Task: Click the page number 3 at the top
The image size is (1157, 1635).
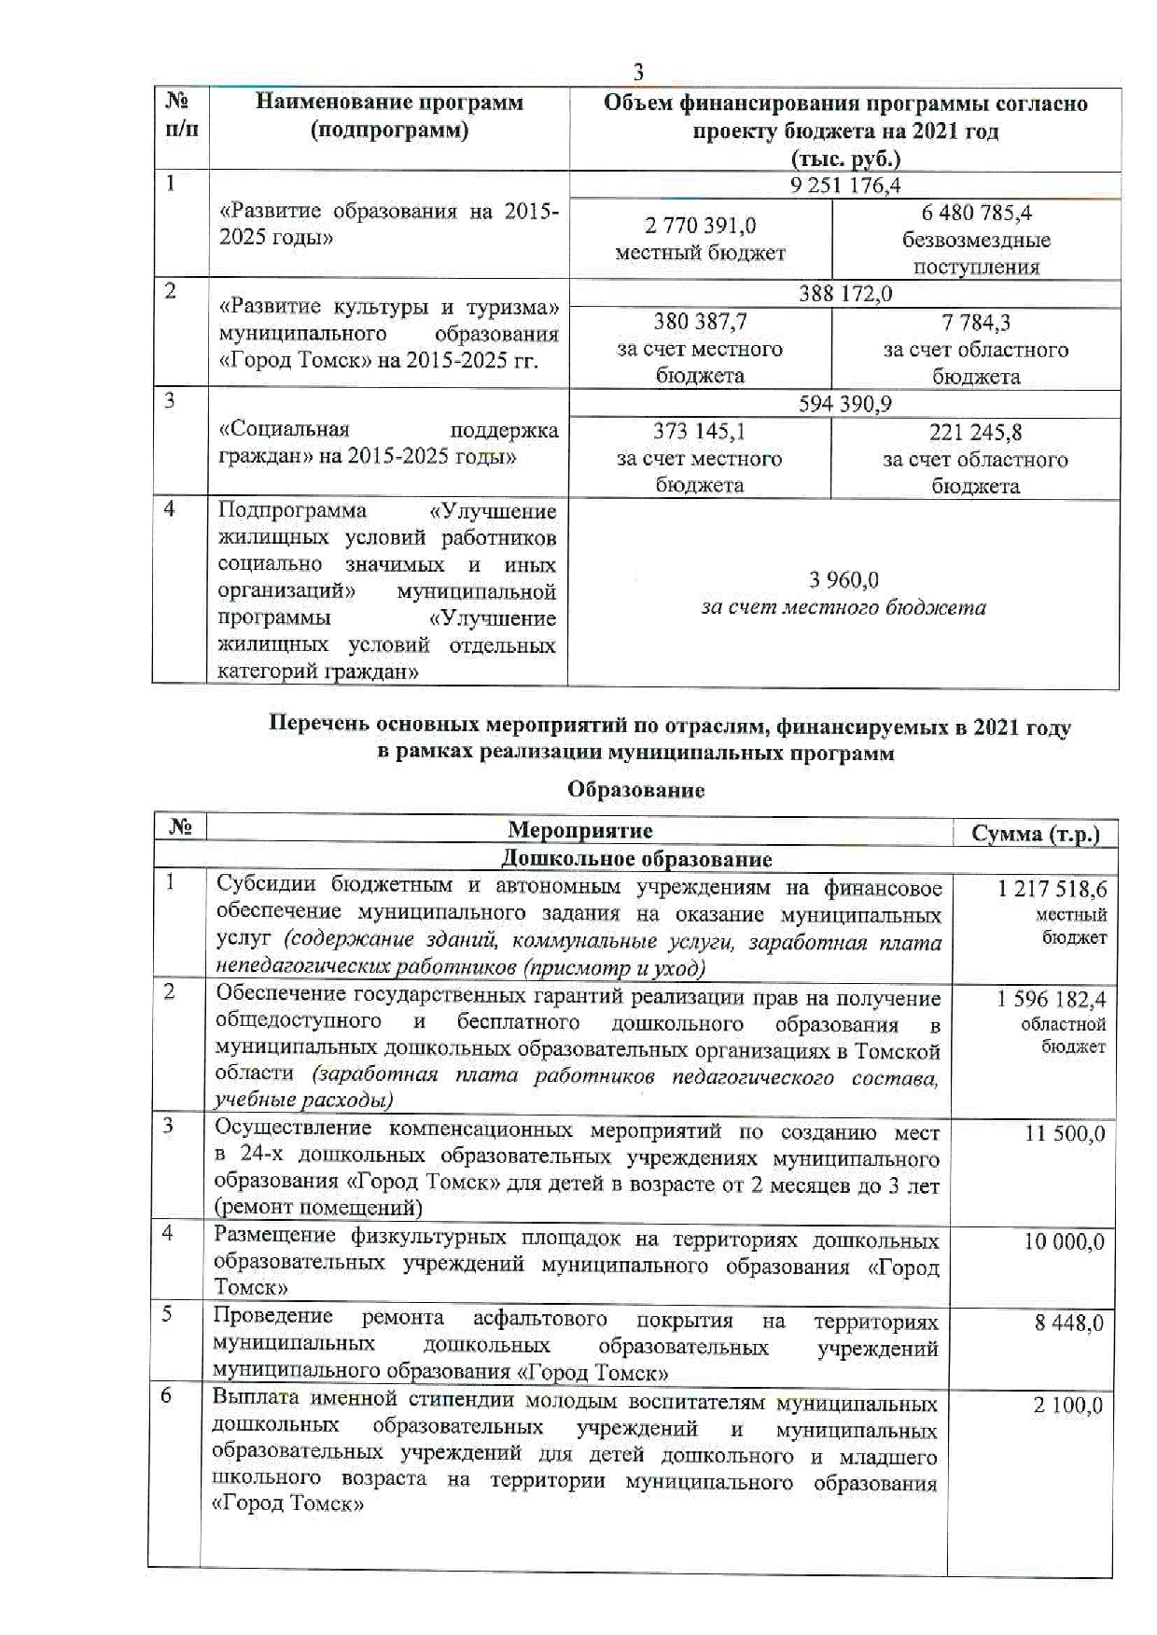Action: (638, 72)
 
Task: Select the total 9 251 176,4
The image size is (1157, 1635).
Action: (844, 185)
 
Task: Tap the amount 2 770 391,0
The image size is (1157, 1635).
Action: (700, 226)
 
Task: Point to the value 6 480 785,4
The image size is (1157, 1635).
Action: (976, 214)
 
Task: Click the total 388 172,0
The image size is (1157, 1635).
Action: (844, 294)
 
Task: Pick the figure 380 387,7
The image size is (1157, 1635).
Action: (700, 322)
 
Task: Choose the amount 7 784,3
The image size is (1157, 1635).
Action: (976, 323)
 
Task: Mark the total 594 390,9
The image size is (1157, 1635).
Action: (844, 404)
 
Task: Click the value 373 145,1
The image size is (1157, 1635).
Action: (700, 431)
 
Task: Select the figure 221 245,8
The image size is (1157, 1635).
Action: (976, 432)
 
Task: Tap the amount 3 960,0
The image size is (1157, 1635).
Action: (843, 580)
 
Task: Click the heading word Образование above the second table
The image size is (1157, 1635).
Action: (635, 790)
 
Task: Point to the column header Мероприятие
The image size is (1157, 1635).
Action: (579, 830)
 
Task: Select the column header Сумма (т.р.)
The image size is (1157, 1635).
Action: (1035, 833)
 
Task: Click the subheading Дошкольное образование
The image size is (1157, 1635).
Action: (636, 858)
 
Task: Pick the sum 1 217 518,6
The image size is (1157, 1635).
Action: (1052, 889)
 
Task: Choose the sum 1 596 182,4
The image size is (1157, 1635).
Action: (1052, 999)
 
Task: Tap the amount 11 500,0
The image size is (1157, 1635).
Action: (1065, 1133)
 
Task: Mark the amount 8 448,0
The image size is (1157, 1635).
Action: (1068, 1323)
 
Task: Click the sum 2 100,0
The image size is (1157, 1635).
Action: (1067, 1405)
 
